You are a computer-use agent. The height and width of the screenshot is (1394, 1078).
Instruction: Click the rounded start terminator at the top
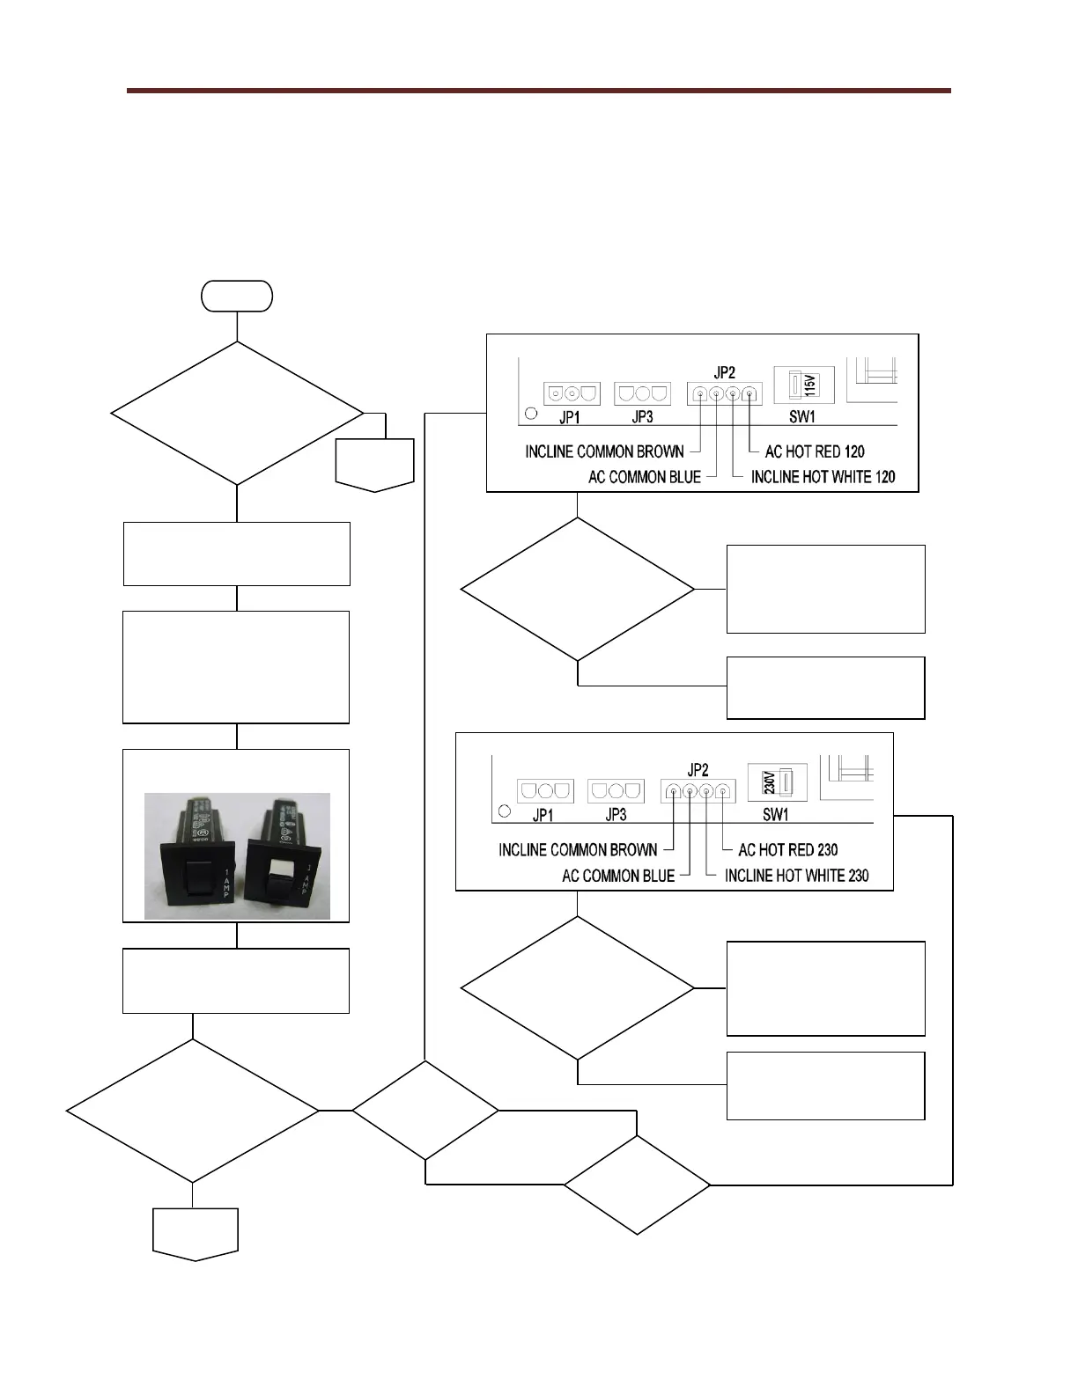pyautogui.click(x=237, y=297)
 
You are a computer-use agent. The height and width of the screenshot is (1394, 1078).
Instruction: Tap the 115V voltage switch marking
pyautogui.click(x=810, y=385)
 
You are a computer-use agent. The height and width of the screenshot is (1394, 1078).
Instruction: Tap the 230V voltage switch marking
pyautogui.click(x=767, y=781)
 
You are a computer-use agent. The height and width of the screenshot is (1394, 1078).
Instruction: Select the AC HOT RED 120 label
pyautogui.click(x=815, y=451)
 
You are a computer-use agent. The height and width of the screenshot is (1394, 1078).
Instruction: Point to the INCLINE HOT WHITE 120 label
pyautogui.click(x=823, y=477)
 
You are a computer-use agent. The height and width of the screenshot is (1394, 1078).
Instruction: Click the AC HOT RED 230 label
pyautogui.click(x=788, y=850)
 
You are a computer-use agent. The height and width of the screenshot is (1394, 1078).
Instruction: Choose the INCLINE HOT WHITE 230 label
pyautogui.click(x=796, y=876)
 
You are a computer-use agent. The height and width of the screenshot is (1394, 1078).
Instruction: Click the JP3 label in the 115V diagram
pyautogui.click(x=642, y=417)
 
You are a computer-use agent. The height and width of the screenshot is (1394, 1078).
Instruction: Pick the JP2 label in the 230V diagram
pyautogui.click(x=698, y=771)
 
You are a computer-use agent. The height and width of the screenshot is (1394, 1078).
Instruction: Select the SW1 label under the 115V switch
pyautogui.click(x=802, y=417)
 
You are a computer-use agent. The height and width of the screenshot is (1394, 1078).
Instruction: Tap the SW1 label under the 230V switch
pyautogui.click(x=776, y=814)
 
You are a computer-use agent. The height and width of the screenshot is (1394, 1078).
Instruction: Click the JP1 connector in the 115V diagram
pyautogui.click(x=572, y=393)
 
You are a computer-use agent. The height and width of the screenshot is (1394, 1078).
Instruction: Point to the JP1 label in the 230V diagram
pyautogui.click(x=543, y=815)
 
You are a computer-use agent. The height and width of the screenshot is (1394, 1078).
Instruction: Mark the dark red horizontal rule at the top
pyautogui.click(x=538, y=91)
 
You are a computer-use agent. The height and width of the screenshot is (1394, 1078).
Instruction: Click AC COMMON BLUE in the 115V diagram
pyautogui.click(x=645, y=477)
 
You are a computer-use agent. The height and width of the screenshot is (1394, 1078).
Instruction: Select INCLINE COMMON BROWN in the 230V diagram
pyautogui.click(x=578, y=850)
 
